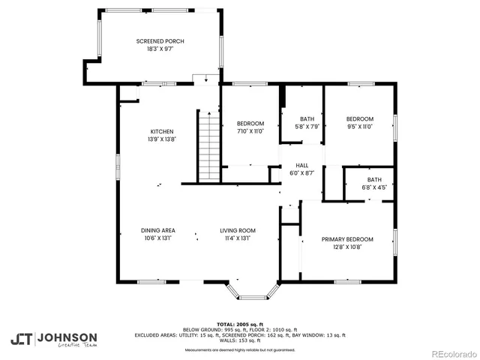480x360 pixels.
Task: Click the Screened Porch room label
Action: coord(160,41)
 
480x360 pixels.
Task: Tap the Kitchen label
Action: coord(161,131)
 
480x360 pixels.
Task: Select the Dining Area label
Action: coord(157,230)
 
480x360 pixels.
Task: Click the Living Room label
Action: coord(238,230)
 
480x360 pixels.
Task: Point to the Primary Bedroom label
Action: coord(347,239)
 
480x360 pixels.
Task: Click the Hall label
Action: coord(301,166)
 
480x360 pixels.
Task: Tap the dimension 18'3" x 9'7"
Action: coord(160,49)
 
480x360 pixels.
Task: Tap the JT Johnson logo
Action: coord(53,338)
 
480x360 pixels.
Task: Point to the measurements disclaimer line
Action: coord(240,349)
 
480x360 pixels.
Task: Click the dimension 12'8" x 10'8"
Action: coord(347,247)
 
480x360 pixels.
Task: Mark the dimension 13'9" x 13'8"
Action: coord(161,139)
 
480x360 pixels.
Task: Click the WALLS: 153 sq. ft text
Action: coord(240,340)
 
